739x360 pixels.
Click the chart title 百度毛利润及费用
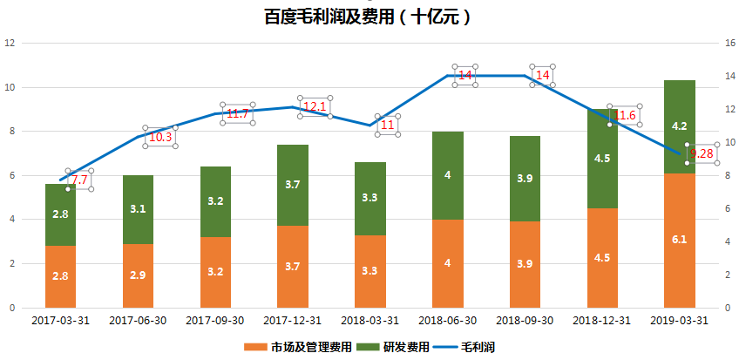click(x=370, y=16)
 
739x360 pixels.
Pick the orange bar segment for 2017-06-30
click(x=138, y=275)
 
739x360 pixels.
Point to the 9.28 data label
click(x=702, y=153)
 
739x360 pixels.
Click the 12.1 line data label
click(x=315, y=106)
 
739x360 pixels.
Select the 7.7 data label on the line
click(x=79, y=180)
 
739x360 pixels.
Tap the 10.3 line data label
click(x=160, y=136)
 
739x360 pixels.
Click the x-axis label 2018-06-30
click(x=447, y=320)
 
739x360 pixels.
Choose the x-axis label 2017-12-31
click(x=293, y=320)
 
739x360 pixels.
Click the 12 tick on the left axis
click(x=10, y=43)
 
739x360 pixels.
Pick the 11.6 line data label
click(x=625, y=115)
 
